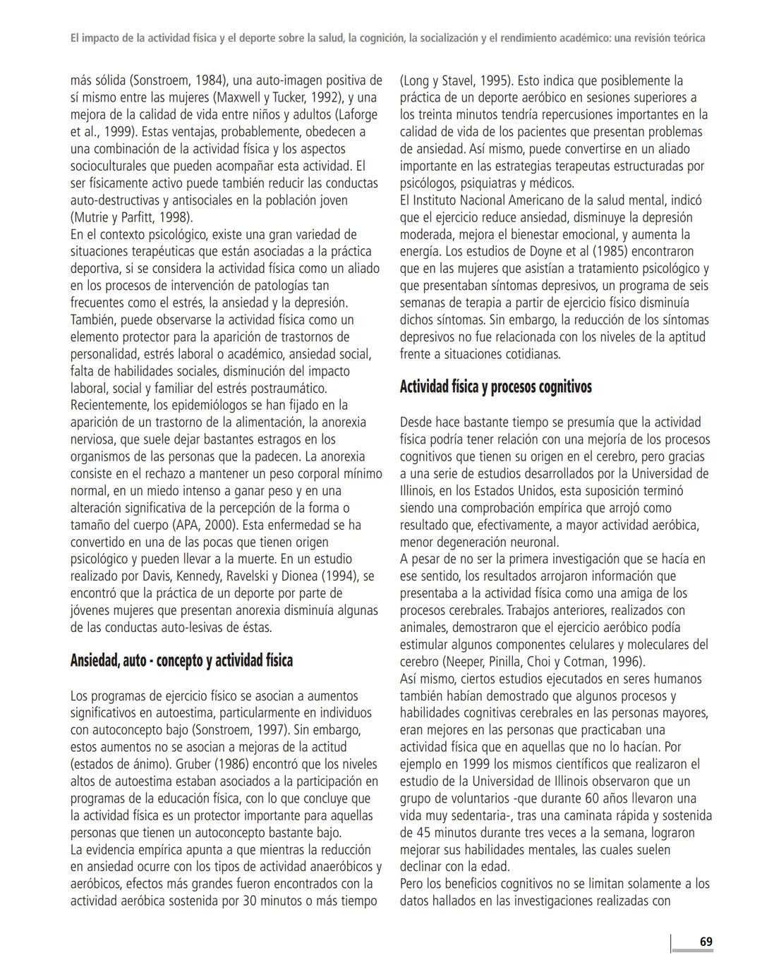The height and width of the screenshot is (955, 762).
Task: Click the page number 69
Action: pyautogui.click(x=706, y=942)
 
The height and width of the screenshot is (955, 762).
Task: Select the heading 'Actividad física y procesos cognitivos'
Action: pyautogui.click(x=495, y=387)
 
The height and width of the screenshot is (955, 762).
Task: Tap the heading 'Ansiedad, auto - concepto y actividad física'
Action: pyautogui.click(x=181, y=661)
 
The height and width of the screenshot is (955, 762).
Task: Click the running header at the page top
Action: pyautogui.click(x=387, y=38)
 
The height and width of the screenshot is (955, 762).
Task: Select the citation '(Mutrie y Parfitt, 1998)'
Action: pyautogui.click(x=131, y=217)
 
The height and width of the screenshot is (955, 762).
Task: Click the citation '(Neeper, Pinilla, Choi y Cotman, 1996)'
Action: pyautogui.click(x=543, y=662)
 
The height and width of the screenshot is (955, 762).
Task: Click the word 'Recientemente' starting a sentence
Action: pyautogui.click(x=109, y=405)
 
